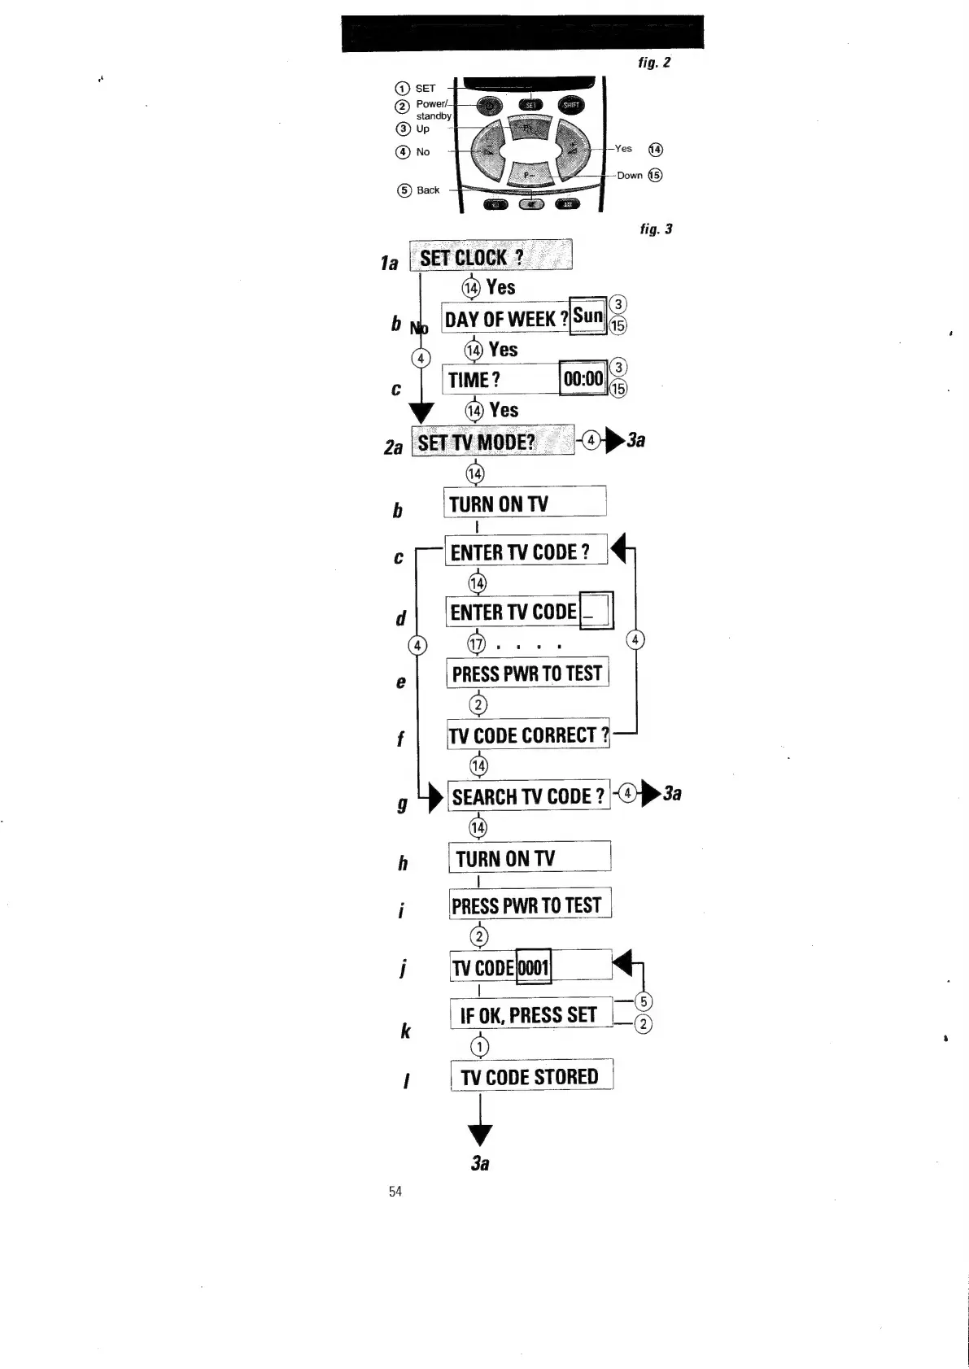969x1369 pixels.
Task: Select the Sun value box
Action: [588, 316]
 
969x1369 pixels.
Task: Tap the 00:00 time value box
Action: [583, 378]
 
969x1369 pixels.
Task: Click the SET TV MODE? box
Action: [492, 441]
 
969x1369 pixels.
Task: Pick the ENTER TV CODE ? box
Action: [526, 552]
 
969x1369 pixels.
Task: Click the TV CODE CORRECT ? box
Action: [529, 735]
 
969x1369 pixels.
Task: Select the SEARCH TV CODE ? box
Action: [529, 796]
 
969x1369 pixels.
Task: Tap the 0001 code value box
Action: [534, 967]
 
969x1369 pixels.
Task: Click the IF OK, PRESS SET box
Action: [530, 1014]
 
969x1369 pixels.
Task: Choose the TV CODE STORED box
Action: [531, 1076]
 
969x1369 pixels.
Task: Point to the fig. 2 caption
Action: [654, 63]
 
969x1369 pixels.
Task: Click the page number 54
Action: [395, 1192]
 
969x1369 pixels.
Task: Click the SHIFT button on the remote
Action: [571, 105]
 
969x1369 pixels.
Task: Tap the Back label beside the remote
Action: [428, 190]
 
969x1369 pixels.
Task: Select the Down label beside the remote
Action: [629, 176]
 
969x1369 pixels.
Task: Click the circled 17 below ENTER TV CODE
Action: [476, 644]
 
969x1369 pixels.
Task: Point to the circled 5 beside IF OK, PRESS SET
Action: [643, 1001]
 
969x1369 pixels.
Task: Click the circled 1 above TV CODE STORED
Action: [480, 1045]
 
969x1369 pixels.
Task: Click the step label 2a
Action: [394, 447]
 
